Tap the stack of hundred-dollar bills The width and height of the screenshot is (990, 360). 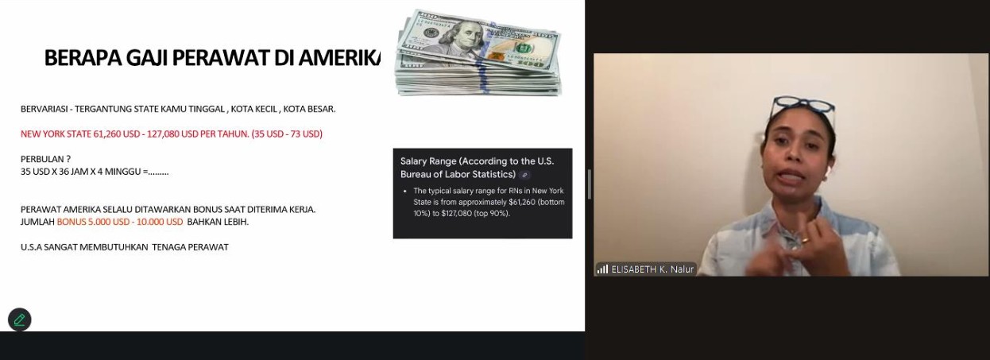coord(478,53)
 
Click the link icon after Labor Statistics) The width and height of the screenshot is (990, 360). coord(524,175)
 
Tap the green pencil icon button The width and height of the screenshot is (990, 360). coord(20,319)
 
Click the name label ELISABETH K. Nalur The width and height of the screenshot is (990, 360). coord(652,269)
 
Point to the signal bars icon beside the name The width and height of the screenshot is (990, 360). coord(602,269)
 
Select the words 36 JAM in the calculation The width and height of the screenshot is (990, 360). coord(62,172)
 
